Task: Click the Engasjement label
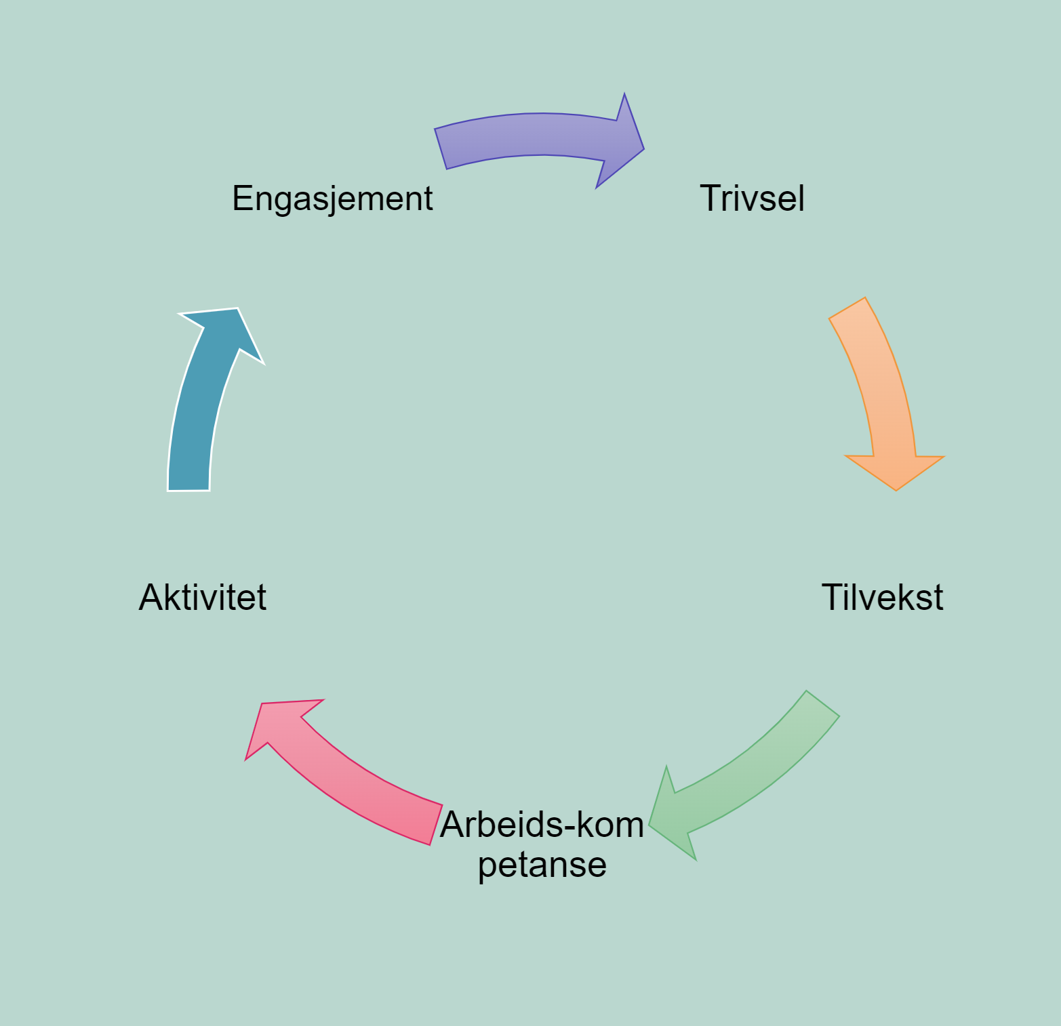click(332, 199)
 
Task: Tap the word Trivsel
click(752, 199)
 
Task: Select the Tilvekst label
click(882, 598)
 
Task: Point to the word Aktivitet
click(203, 598)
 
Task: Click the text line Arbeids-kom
click(542, 825)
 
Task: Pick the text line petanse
click(542, 865)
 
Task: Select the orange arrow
click(881, 386)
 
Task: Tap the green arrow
click(753, 773)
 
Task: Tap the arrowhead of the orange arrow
click(895, 471)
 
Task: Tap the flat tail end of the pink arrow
click(434, 823)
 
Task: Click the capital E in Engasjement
click(241, 199)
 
